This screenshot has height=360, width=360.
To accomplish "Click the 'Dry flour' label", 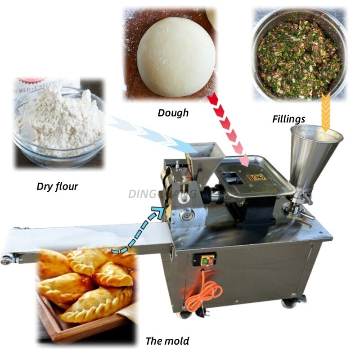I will point(57,186).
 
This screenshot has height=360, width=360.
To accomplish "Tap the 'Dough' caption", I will point(173,112).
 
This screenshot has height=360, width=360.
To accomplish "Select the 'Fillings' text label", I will point(288,119).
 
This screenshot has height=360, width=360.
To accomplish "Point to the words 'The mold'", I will point(167,341).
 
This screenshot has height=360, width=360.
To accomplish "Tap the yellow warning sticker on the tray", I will point(255,177).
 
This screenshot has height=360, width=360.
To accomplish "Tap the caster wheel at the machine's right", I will point(288,303).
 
